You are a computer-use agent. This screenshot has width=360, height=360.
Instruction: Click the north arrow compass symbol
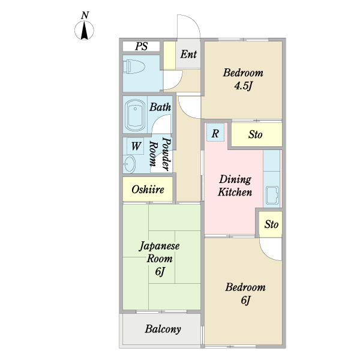pyautogui.click(x=84, y=30)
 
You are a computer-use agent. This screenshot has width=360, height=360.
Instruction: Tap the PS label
pyautogui.click(x=141, y=46)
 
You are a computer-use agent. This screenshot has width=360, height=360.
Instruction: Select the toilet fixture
pyautogui.click(x=134, y=67)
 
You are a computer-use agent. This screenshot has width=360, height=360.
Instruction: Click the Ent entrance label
pyautogui.click(x=188, y=54)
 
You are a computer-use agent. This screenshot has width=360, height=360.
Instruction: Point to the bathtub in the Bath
pyautogui.click(x=135, y=115)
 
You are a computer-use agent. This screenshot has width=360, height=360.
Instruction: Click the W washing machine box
pyautogui.click(x=136, y=146)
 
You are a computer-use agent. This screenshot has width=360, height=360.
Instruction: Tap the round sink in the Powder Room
pyautogui.click(x=129, y=164)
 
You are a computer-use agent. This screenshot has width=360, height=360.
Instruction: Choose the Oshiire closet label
pyautogui.click(x=148, y=190)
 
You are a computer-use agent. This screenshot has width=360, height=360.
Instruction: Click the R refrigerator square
pyautogui.click(x=215, y=133)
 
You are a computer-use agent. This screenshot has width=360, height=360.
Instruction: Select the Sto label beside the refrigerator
pyautogui.click(x=256, y=134)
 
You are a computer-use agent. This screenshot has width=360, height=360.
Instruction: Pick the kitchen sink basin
pyautogui.click(x=272, y=196)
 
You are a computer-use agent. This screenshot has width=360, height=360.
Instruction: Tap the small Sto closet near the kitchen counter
pyautogui.click(x=271, y=224)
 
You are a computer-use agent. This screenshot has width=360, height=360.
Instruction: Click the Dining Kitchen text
pyautogui.click(x=235, y=185)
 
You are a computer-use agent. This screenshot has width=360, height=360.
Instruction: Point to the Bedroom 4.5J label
pyautogui.click(x=243, y=79)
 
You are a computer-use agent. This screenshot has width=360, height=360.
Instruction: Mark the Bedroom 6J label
pyautogui.click(x=245, y=293)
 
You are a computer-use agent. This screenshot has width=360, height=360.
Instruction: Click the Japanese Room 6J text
pyautogui.click(x=160, y=259)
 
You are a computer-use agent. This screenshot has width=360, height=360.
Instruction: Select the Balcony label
pyautogui.click(x=163, y=329)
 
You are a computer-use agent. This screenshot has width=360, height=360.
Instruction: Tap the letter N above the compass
pyautogui.click(x=85, y=15)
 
